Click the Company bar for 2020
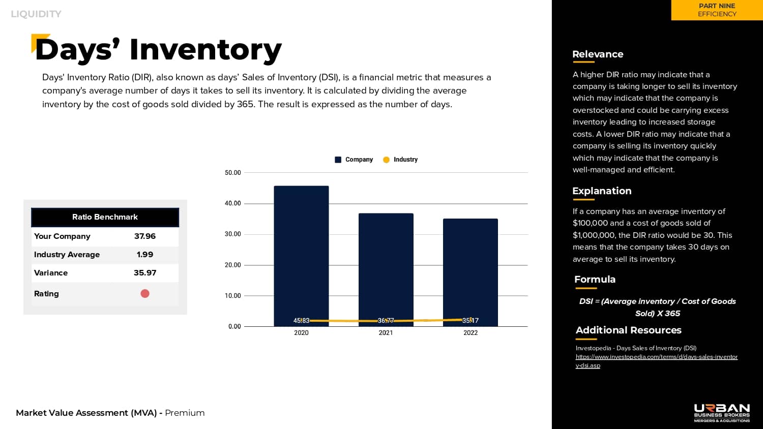301,254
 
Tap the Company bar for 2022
470,269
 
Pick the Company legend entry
354,160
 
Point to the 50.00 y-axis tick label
232,173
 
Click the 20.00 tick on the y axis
232,265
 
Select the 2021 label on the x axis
386,333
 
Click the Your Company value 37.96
145,236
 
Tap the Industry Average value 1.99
145,255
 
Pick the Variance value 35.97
145,273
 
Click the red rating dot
145,293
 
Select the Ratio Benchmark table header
105,217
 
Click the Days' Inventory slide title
158,50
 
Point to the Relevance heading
598,54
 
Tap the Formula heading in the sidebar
595,280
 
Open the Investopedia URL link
656,357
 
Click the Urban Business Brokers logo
722,413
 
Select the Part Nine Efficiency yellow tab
717,10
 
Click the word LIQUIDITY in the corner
36,14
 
